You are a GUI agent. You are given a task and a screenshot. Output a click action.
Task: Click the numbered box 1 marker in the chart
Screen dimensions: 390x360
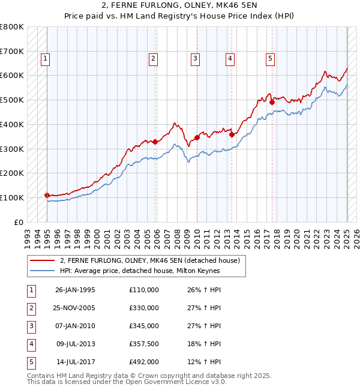46,58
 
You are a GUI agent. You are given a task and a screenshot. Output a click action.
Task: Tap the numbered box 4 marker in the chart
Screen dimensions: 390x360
230,58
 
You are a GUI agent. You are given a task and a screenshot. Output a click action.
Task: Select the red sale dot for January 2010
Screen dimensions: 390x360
197,138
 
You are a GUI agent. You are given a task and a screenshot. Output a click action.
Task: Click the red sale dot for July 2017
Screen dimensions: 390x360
272,102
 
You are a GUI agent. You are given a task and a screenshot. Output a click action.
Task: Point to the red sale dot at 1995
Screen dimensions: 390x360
47,195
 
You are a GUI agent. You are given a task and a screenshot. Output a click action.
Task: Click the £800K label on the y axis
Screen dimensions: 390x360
12,27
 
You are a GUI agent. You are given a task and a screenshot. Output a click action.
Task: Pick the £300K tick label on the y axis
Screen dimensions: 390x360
12,149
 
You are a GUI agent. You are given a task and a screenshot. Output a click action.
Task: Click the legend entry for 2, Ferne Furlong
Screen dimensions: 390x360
149,260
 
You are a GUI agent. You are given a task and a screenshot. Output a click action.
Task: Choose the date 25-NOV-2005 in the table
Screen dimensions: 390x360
75,308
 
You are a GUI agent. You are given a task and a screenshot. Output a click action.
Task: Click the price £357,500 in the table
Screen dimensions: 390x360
144,344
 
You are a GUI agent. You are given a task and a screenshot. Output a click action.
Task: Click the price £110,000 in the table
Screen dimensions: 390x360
144,290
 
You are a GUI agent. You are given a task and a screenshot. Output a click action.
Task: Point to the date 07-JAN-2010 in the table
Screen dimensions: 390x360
75,326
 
